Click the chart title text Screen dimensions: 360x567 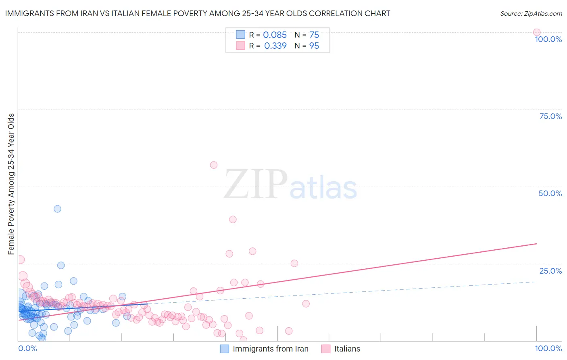click(x=198, y=14)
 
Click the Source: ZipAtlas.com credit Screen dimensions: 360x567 click(x=531, y=14)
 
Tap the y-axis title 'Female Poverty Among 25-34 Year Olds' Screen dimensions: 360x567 click(x=11, y=184)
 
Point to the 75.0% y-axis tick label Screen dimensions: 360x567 click(x=550, y=116)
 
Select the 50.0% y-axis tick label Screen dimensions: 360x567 click(x=550, y=193)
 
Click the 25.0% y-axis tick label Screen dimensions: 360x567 click(x=550, y=271)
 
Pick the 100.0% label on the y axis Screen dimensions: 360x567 click(x=548, y=39)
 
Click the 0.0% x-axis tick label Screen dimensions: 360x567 click(x=27, y=348)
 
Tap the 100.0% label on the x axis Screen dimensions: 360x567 click(x=548, y=348)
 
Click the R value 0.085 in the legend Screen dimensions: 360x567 click(x=275, y=35)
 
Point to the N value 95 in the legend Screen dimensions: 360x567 click(x=314, y=46)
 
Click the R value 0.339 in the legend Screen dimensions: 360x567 click(x=275, y=46)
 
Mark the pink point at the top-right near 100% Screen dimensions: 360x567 click(x=536, y=32)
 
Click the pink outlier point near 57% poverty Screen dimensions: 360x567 click(x=214, y=165)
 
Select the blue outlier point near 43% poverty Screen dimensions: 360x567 click(x=57, y=209)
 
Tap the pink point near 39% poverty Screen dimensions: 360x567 click(x=233, y=220)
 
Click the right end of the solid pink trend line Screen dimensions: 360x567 click(x=536, y=244)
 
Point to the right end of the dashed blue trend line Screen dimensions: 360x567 click(x=536, y=281)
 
